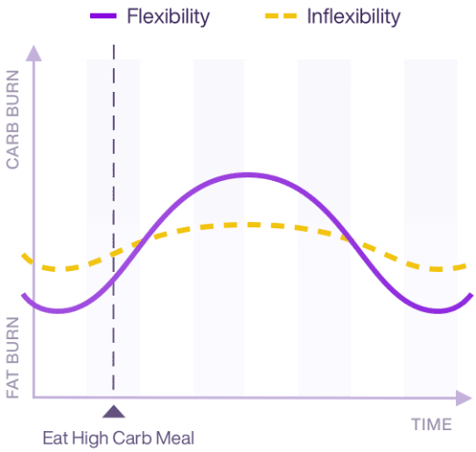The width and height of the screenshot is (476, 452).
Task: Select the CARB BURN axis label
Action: tap(13, 126)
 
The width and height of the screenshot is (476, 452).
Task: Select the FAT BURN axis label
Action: tap(13, 357)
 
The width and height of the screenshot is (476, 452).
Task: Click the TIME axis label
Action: tap(430, 424)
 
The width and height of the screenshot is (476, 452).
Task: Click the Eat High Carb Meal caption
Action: tap(118, 438)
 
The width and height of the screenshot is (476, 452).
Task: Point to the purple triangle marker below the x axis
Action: tap(113, 412)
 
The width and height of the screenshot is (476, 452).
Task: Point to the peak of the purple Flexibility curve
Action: tap(244, 175)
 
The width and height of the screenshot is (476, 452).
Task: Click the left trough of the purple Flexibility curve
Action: tap(56, 311)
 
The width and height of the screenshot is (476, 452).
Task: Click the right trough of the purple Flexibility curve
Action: tap(439, 311)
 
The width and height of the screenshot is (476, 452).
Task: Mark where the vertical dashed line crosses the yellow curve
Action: tap(113, 253)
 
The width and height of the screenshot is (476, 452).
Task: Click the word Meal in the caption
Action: tap(176, 438)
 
